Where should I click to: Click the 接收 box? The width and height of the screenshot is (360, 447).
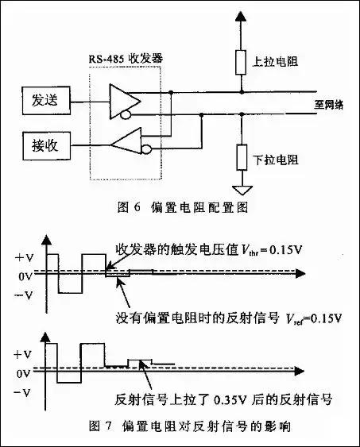[48, 145]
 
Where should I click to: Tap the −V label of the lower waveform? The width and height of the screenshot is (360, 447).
[23, 391]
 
